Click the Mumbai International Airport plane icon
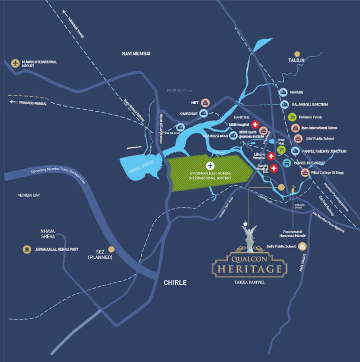click(x=16, y=63)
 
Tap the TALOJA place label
click(x=297, y=61)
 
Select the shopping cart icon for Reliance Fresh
click(x=292, y=117)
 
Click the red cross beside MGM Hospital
click(x=255, y=124)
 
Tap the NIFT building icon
click(x=205, y=103)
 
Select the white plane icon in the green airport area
click(x=210, y=166)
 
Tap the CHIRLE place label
click(x=175, y=283)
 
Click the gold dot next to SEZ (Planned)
click(x=112, y=249)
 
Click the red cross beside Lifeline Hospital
click(x=271, y=156)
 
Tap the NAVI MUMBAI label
click(x=135, y=54)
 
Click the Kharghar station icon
click(x=204, y=114)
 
